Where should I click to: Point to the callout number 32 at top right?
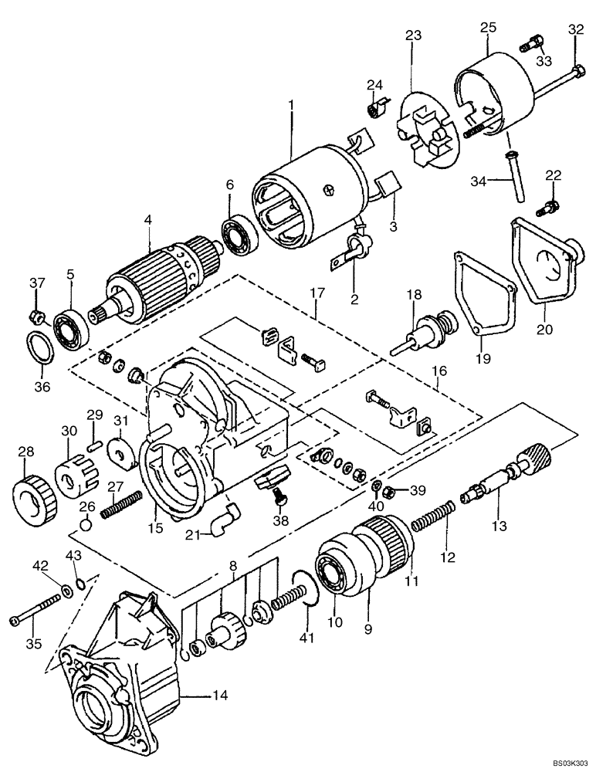tap(576, 30)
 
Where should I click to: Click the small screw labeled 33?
tap(530, 44)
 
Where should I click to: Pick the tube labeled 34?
tap(513, 178)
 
